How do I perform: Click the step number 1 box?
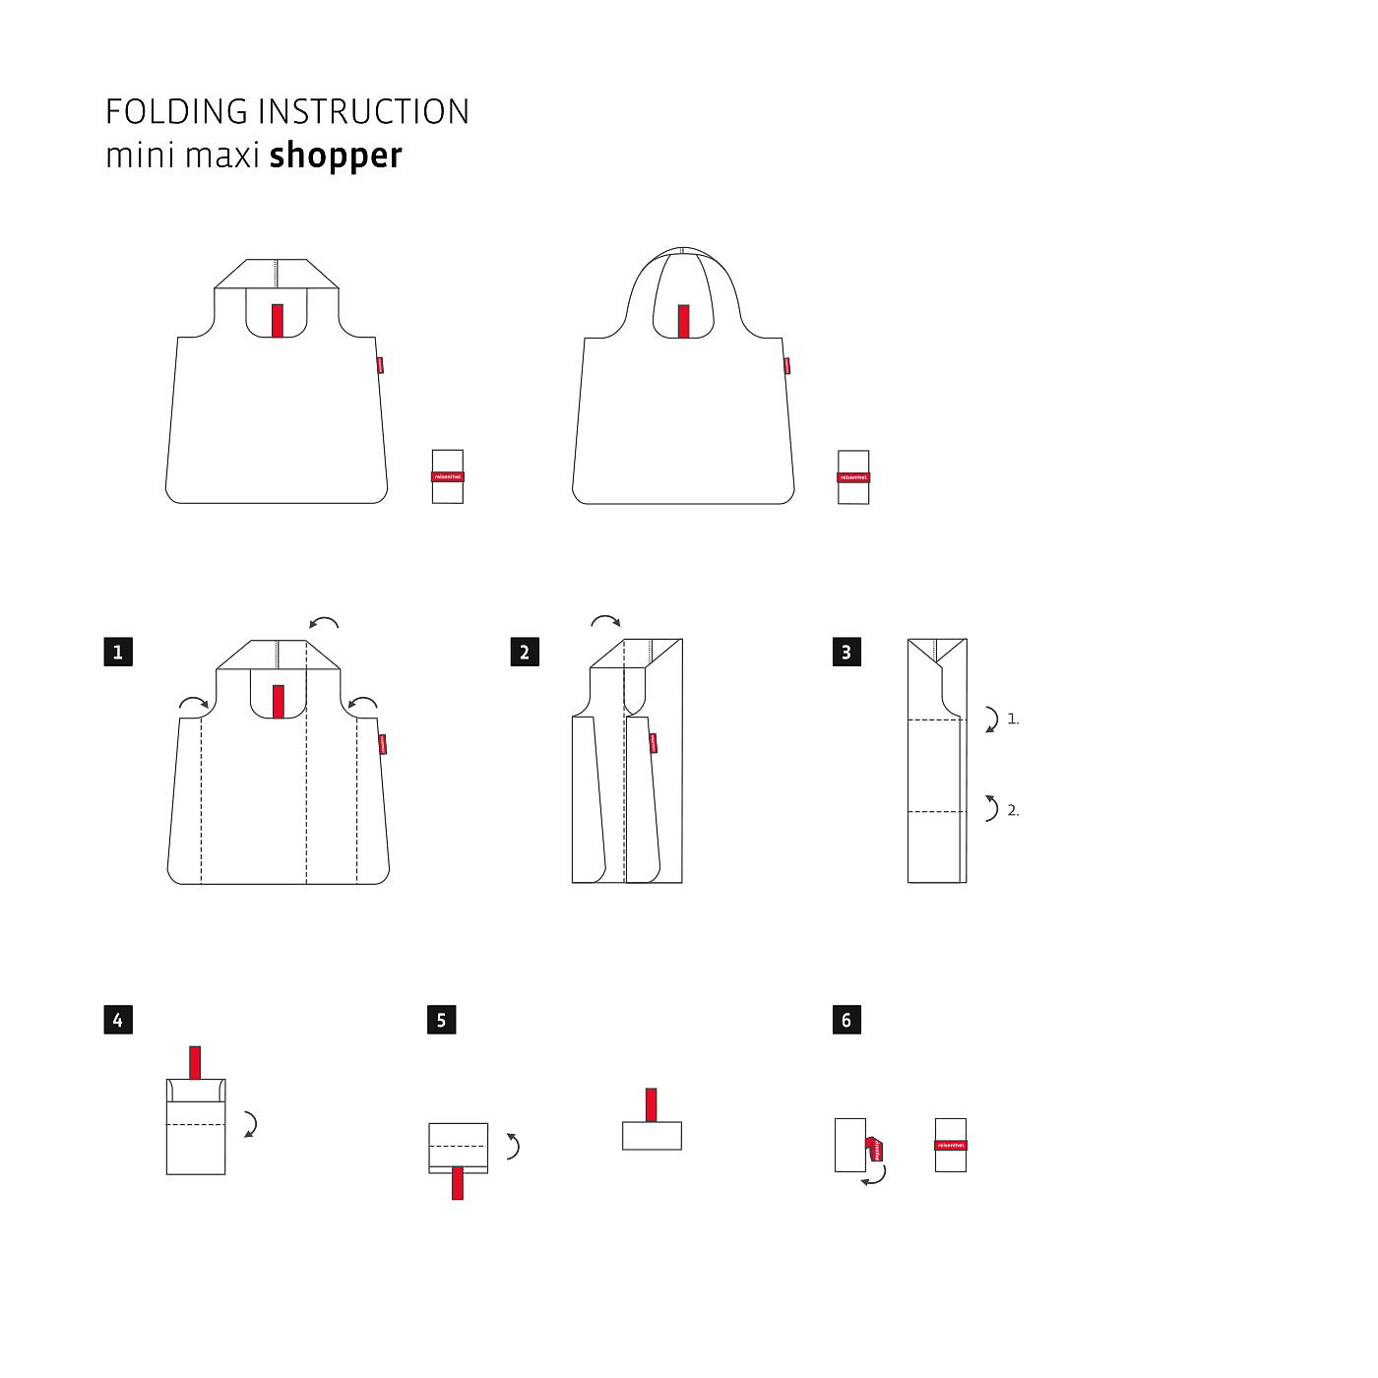[118, 652]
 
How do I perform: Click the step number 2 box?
[525, 652]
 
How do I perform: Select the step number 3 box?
[846, 652]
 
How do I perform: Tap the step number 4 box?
[118, 1020]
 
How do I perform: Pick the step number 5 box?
[441, 1020]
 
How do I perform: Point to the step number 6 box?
[846, 1020]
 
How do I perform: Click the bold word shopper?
[336, 157]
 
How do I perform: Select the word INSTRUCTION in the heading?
[364, 112]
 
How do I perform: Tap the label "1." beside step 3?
[1013, 720]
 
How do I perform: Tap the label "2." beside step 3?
[1013, 811]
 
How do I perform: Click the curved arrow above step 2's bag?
[605, 621]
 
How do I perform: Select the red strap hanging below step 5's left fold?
[457, 1182]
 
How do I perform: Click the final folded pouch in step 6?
[951, 1145]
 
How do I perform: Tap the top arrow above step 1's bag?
[324, 622]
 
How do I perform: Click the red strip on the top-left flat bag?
[278, 321]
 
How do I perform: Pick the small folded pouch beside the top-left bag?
[448, 476]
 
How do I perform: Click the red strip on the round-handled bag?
[683, 321]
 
